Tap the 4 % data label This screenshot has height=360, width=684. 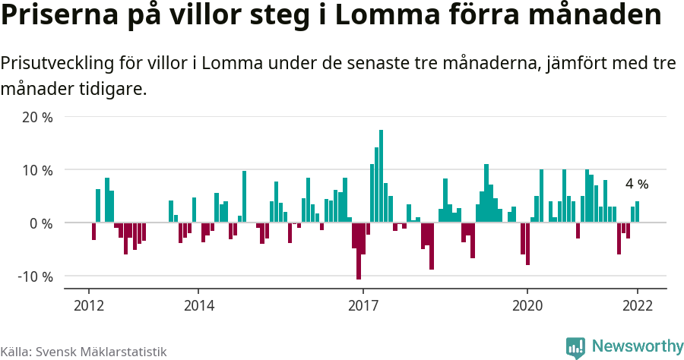(637, 184)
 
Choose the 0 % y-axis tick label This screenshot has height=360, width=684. (41, 223)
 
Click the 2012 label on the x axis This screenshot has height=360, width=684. (89, 305)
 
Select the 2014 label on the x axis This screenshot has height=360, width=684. (198, 305)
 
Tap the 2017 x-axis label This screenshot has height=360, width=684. (363, 305)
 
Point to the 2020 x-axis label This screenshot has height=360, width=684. (527, 305)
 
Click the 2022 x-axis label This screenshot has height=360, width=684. (637, 305)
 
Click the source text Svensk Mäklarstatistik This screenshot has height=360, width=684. (101, 352)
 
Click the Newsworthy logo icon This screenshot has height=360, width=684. (575, 348)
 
